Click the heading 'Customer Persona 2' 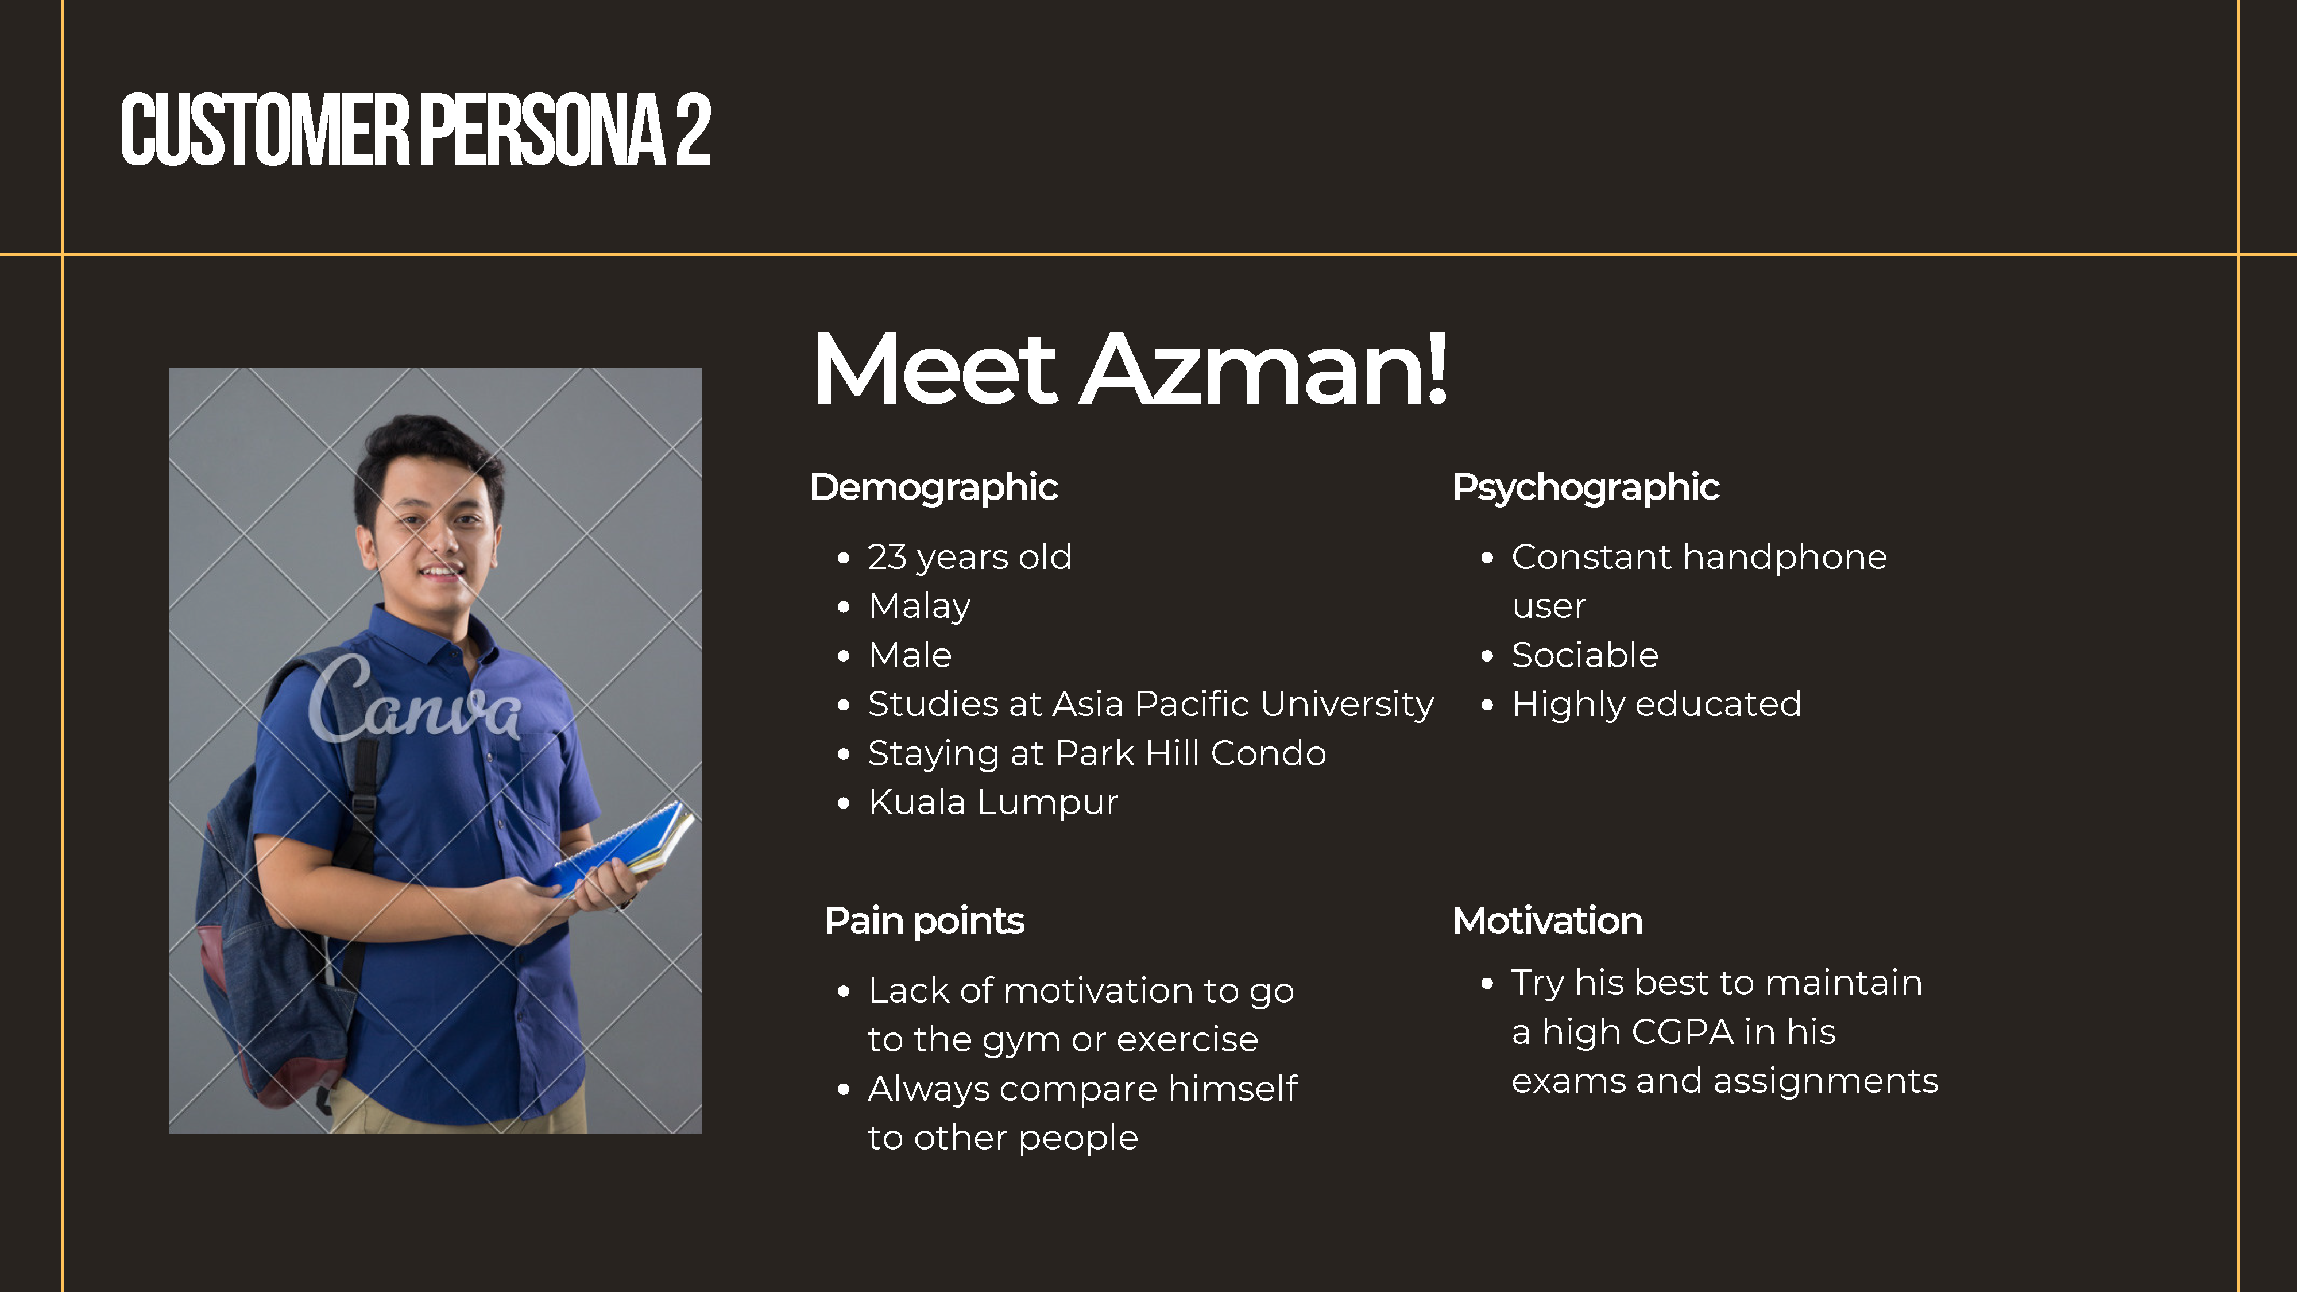(x=416, y=130)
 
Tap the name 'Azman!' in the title (x=1264, y=368)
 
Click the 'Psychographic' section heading (x=1586, y=488)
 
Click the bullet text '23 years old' (x=969, y=557)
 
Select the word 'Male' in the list (x=910, y=655)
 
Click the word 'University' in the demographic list (x=1347, y=705)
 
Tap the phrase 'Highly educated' (x=1657, y=705)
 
